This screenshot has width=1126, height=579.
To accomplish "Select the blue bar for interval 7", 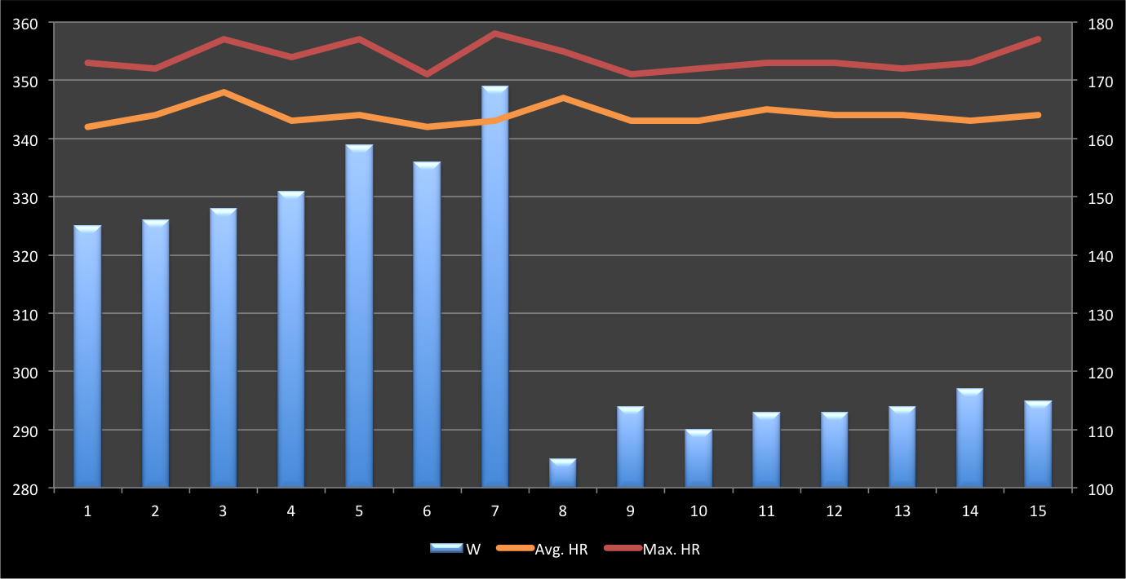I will pos(494,285).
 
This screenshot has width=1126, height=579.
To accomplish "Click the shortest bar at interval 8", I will pos(562,473).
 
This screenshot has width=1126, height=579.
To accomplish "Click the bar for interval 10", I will pos(698,458).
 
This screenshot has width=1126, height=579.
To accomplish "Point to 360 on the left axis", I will pos(26,23).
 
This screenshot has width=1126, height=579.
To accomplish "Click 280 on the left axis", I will pos(26,488).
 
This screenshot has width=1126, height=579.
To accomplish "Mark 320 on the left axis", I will pos(26,256).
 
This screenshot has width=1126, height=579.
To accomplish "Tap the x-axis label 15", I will pos(1038,511).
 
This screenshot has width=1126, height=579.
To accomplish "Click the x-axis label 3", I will pos(223,511).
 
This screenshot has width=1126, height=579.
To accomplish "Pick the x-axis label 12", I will pos(834,511).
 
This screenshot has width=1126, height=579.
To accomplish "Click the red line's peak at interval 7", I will pos(494,33).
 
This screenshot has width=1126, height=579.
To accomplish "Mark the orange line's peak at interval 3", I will pos(223,92).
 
